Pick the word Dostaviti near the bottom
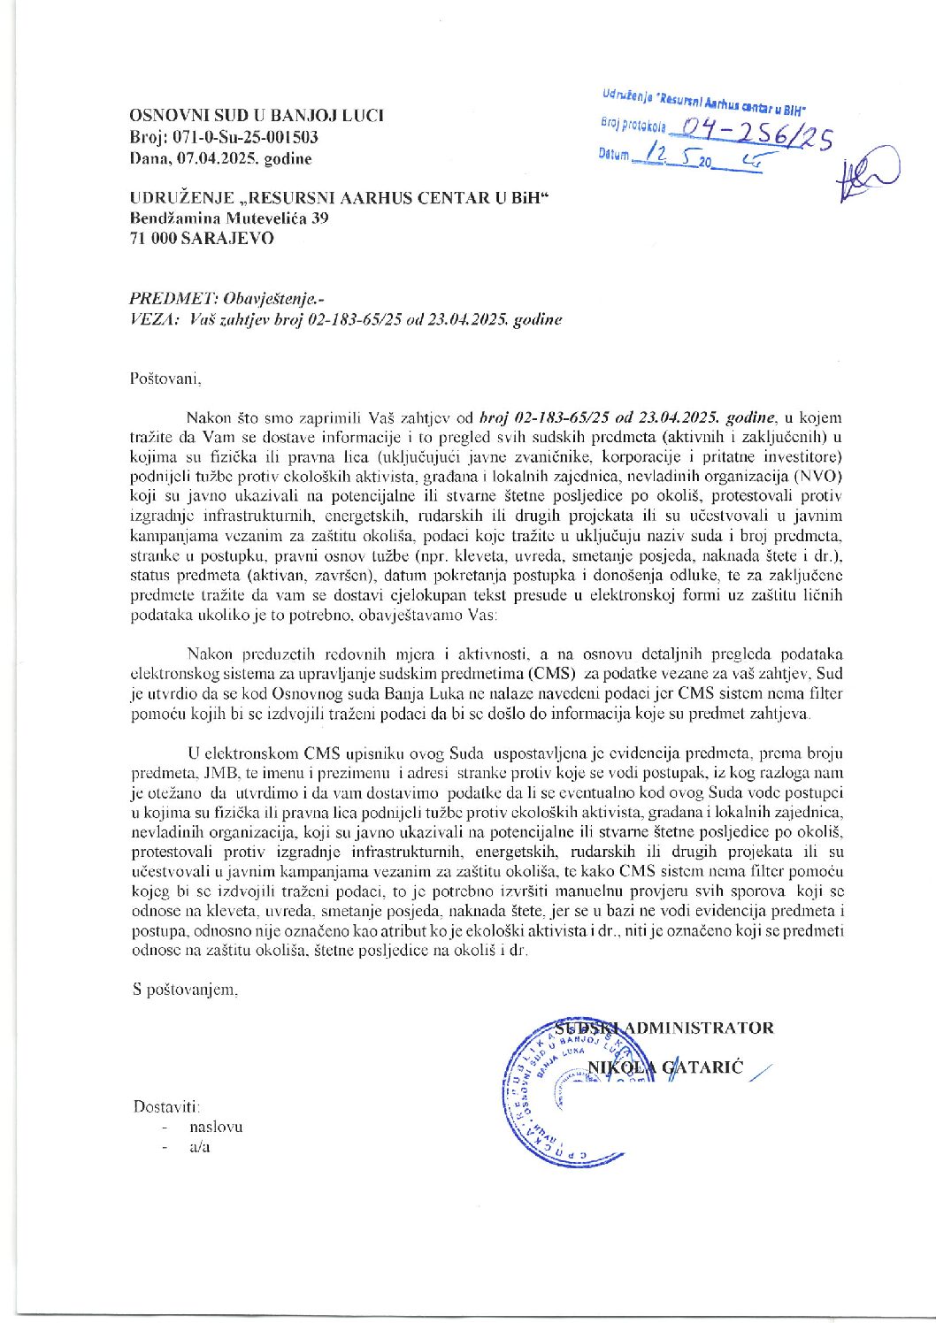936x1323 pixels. point(166,1106)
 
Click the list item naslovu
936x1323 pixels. point(215,1128)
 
